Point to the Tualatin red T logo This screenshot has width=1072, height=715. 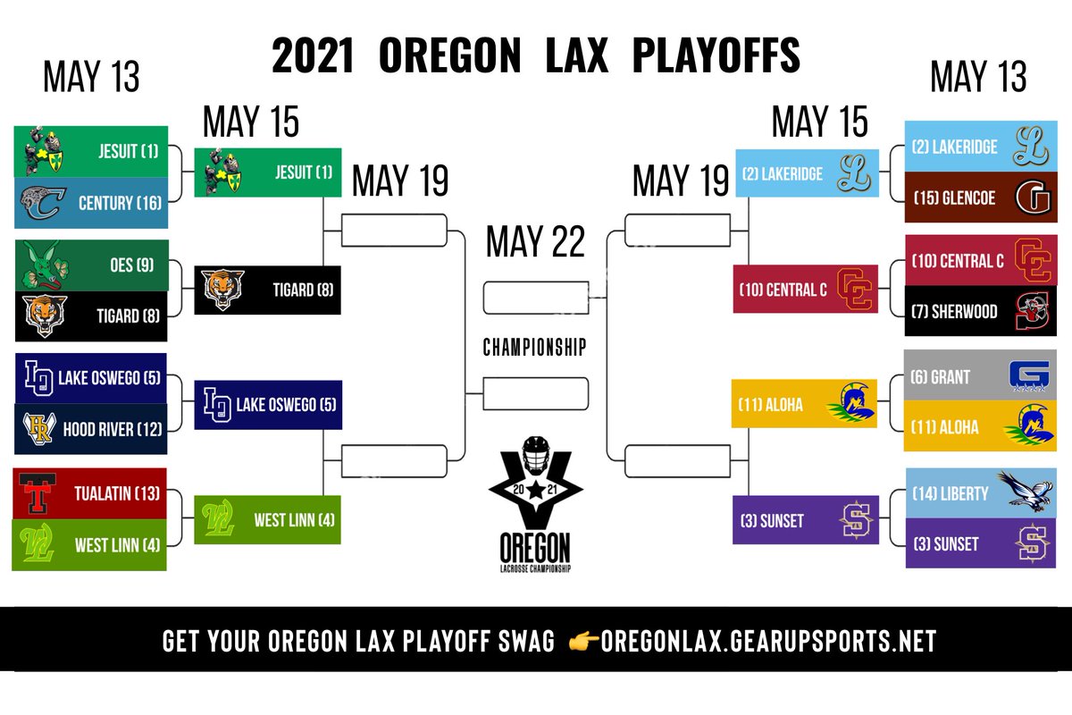(37, 492)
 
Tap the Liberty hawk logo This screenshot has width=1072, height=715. (1025, 492)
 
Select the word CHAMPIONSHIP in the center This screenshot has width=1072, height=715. (535, 347)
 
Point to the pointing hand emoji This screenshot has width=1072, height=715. (583, 642)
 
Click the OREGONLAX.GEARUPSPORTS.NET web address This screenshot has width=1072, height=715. (768, 642)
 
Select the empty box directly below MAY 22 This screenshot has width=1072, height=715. (535, 298)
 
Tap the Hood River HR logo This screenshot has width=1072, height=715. (39, 429)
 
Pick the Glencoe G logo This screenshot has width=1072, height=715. (1032, 198)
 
